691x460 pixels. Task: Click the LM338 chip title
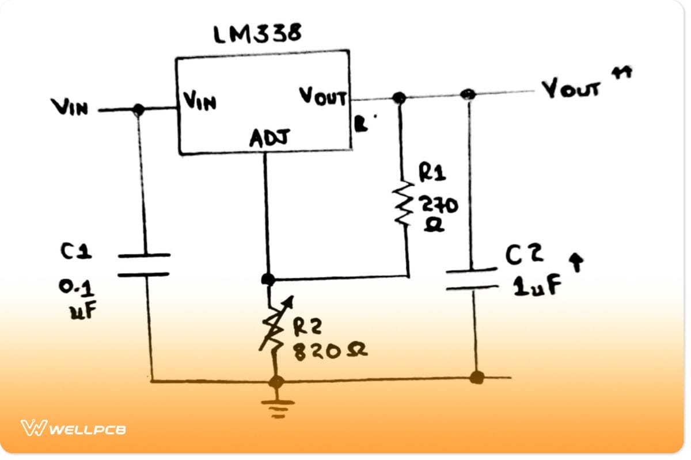[257, 35]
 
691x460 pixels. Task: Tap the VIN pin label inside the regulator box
[200, 102]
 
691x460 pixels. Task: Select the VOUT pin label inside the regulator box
[323, 97]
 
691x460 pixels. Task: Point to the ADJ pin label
[269, 138]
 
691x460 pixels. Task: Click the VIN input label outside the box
[70, 106]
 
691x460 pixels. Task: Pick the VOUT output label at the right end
[571, 89]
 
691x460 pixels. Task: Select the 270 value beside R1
[439, 204]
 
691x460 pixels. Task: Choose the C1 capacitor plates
[143, 264]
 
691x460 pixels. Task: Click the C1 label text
[74, 252]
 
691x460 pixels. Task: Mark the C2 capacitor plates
[472, 278]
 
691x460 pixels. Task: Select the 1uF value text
[537, 286]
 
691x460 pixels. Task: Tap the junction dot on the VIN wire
[138, 109]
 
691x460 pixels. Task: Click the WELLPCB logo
[73, 428]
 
